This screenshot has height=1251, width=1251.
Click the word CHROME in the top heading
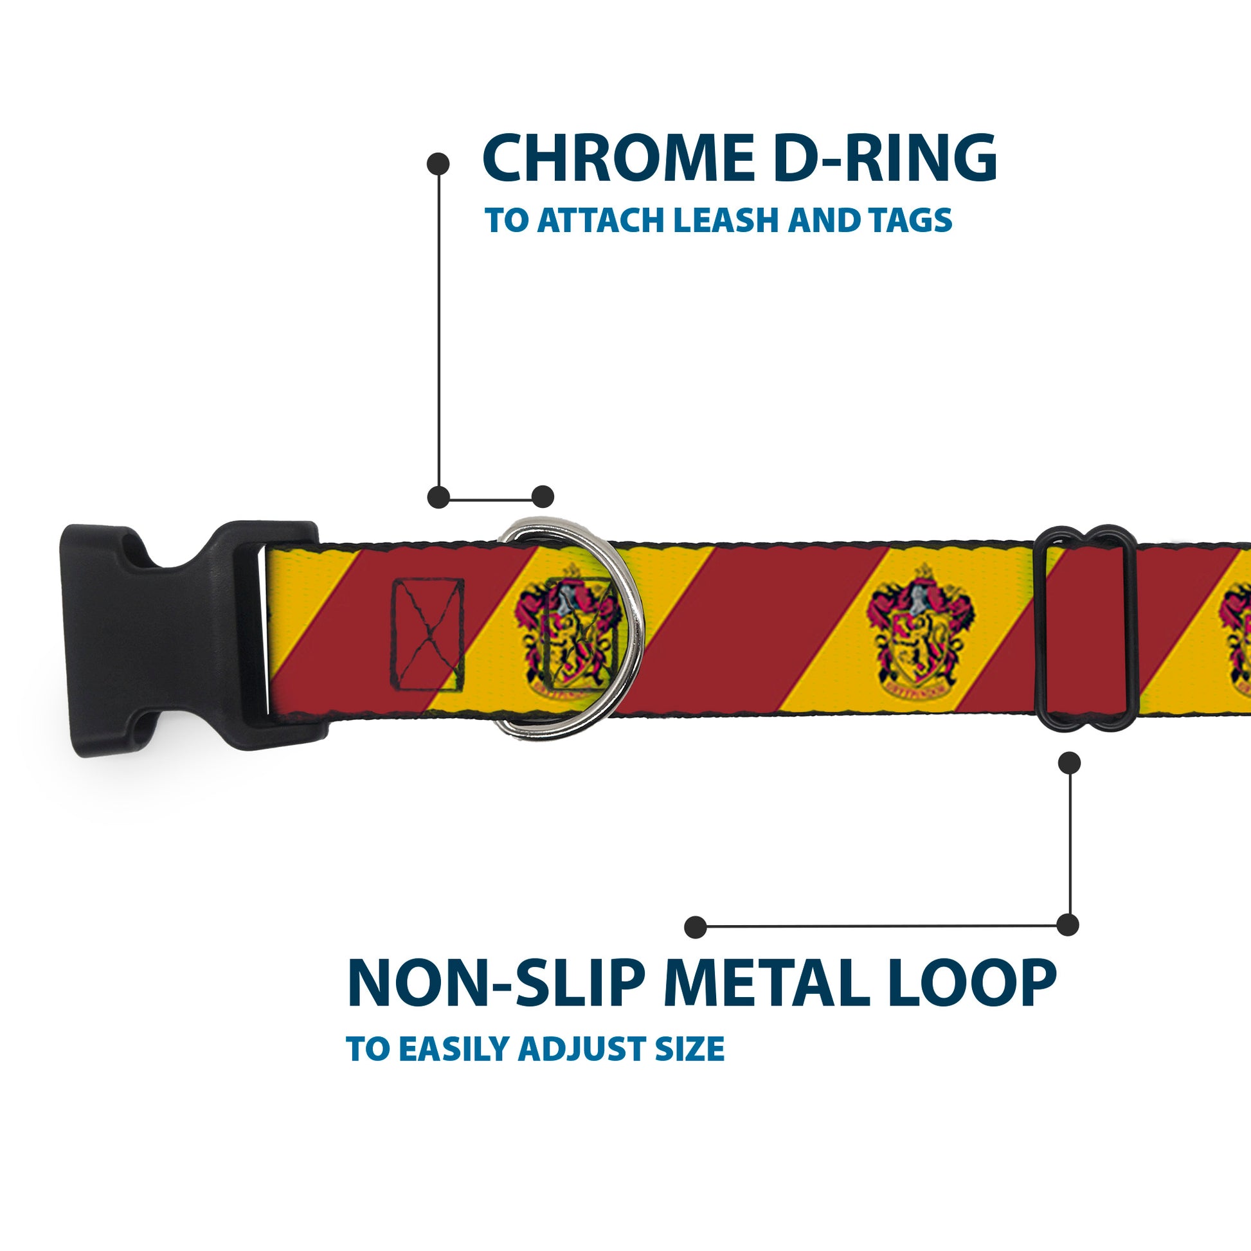(618, 159)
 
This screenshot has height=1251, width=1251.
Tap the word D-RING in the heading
(885, 159)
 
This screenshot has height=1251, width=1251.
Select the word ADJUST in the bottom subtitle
(583, 1049)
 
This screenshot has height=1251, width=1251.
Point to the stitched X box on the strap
(428, 635)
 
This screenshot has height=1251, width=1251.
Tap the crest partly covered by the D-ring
(563, 631)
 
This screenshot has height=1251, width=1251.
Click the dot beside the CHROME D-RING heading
(438, 164)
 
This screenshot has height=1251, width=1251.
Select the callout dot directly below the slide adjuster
(1069, 763)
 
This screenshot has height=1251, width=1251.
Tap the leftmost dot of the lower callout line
(696, 926)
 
